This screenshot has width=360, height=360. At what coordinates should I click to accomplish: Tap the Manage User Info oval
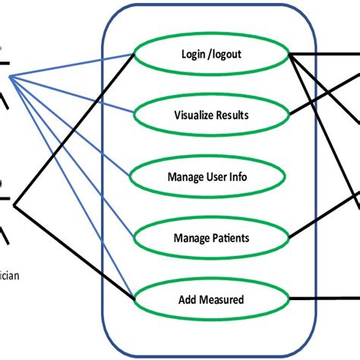click(x=207, y=177)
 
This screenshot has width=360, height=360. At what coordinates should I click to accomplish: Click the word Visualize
click(x=188, y=116)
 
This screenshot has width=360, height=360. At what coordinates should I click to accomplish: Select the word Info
click(x=238, y=177)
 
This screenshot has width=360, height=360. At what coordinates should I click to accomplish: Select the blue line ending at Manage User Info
click(x=76, y=125)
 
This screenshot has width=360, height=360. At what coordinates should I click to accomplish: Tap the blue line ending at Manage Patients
click(x=76, y=156)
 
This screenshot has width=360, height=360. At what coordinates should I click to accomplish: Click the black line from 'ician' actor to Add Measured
click(x=76, y=251)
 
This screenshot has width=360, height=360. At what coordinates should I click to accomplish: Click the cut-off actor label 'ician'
click(x=9, y=275)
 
